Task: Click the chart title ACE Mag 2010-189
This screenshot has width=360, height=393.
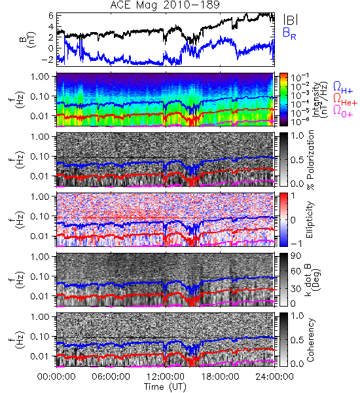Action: click(x=165, y=5)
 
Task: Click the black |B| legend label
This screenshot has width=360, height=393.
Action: click(x=291, y=20)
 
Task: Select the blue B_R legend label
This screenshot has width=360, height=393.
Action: click(x=289, y=33)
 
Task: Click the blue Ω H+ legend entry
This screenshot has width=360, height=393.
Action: click(x=343, y=88)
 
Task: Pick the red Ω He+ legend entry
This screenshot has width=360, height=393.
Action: click(x=345, y=100)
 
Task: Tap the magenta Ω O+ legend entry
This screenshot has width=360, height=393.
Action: click(x=343, y=111)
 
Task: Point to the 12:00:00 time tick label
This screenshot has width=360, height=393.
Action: click(x=166, y=377)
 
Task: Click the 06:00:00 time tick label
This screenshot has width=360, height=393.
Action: click(x=111, y=377)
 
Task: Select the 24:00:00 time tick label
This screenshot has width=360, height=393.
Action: click(x=274, y=377)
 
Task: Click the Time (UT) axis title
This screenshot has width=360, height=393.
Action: click(x=166, y=387)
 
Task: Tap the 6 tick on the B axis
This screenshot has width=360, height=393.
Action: click(x=51, y=16)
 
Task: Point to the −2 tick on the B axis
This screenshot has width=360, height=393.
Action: click(x=48, y=60)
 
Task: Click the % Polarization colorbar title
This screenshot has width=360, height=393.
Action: click(x=310, y=160)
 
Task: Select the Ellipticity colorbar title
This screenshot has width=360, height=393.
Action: click(x=310, y=219)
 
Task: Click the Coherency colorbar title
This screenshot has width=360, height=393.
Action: click(x=310, y=340)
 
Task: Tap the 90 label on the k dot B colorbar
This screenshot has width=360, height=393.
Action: click(x=296, y=256)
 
